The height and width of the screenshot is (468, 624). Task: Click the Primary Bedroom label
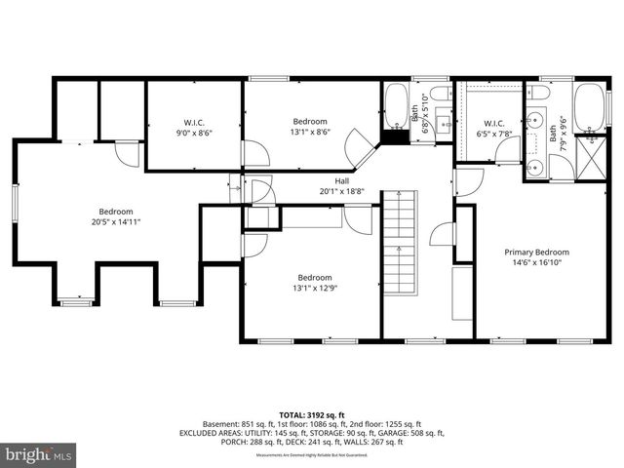536,253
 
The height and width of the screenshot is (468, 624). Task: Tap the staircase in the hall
399,233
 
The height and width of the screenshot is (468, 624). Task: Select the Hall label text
342,181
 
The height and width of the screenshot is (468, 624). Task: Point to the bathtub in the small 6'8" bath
397,107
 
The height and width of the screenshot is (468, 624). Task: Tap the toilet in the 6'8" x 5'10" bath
440,94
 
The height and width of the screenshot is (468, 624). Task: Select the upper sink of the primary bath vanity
534,123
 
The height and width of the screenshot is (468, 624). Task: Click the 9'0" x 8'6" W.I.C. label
192,127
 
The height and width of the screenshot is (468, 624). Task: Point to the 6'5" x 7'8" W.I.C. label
491,129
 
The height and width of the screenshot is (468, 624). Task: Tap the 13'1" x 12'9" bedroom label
315,288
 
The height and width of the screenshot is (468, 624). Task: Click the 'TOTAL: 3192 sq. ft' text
312,413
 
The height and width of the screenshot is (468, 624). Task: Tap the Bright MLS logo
39,454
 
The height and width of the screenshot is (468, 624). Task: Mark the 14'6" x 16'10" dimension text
536,263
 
